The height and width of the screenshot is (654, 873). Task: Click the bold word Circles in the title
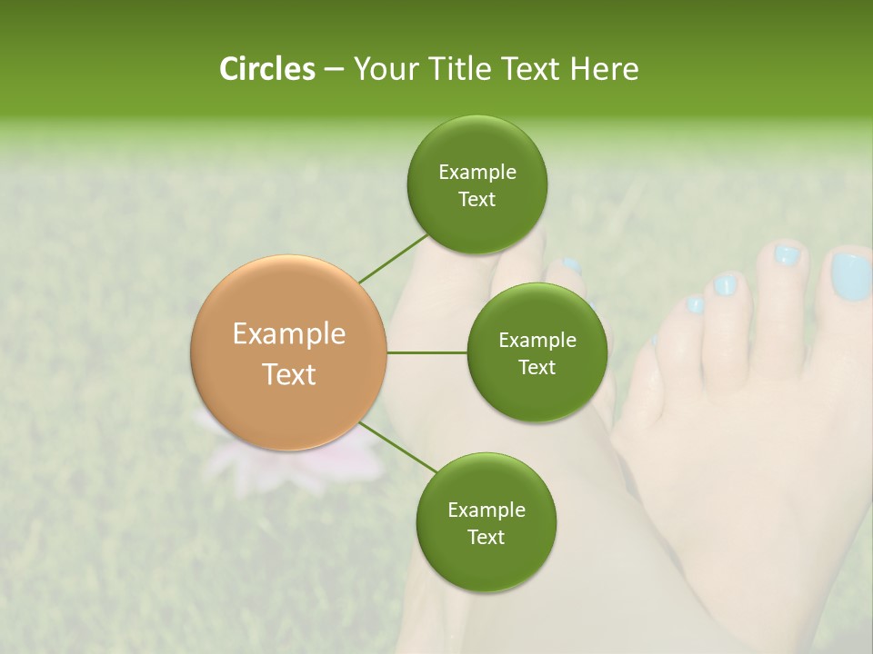(266, 69)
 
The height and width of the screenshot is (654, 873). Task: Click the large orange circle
(289, 352)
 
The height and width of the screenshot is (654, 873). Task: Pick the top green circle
(477, 185)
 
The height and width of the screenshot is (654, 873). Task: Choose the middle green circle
(537, 352)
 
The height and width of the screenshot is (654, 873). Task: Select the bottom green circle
(486, 522)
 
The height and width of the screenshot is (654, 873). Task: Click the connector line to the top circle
(394, 258)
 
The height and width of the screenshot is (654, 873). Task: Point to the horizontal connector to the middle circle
(427, 352)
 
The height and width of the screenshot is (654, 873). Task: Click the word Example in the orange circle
(289, 334)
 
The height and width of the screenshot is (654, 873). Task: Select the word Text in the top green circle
(477, 200)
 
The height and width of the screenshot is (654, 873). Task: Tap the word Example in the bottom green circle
(486, 510)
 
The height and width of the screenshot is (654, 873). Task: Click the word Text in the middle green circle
(537, 367)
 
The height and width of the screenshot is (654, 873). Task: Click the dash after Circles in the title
(334, 69)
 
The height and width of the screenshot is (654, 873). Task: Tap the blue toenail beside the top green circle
(570, 266)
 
